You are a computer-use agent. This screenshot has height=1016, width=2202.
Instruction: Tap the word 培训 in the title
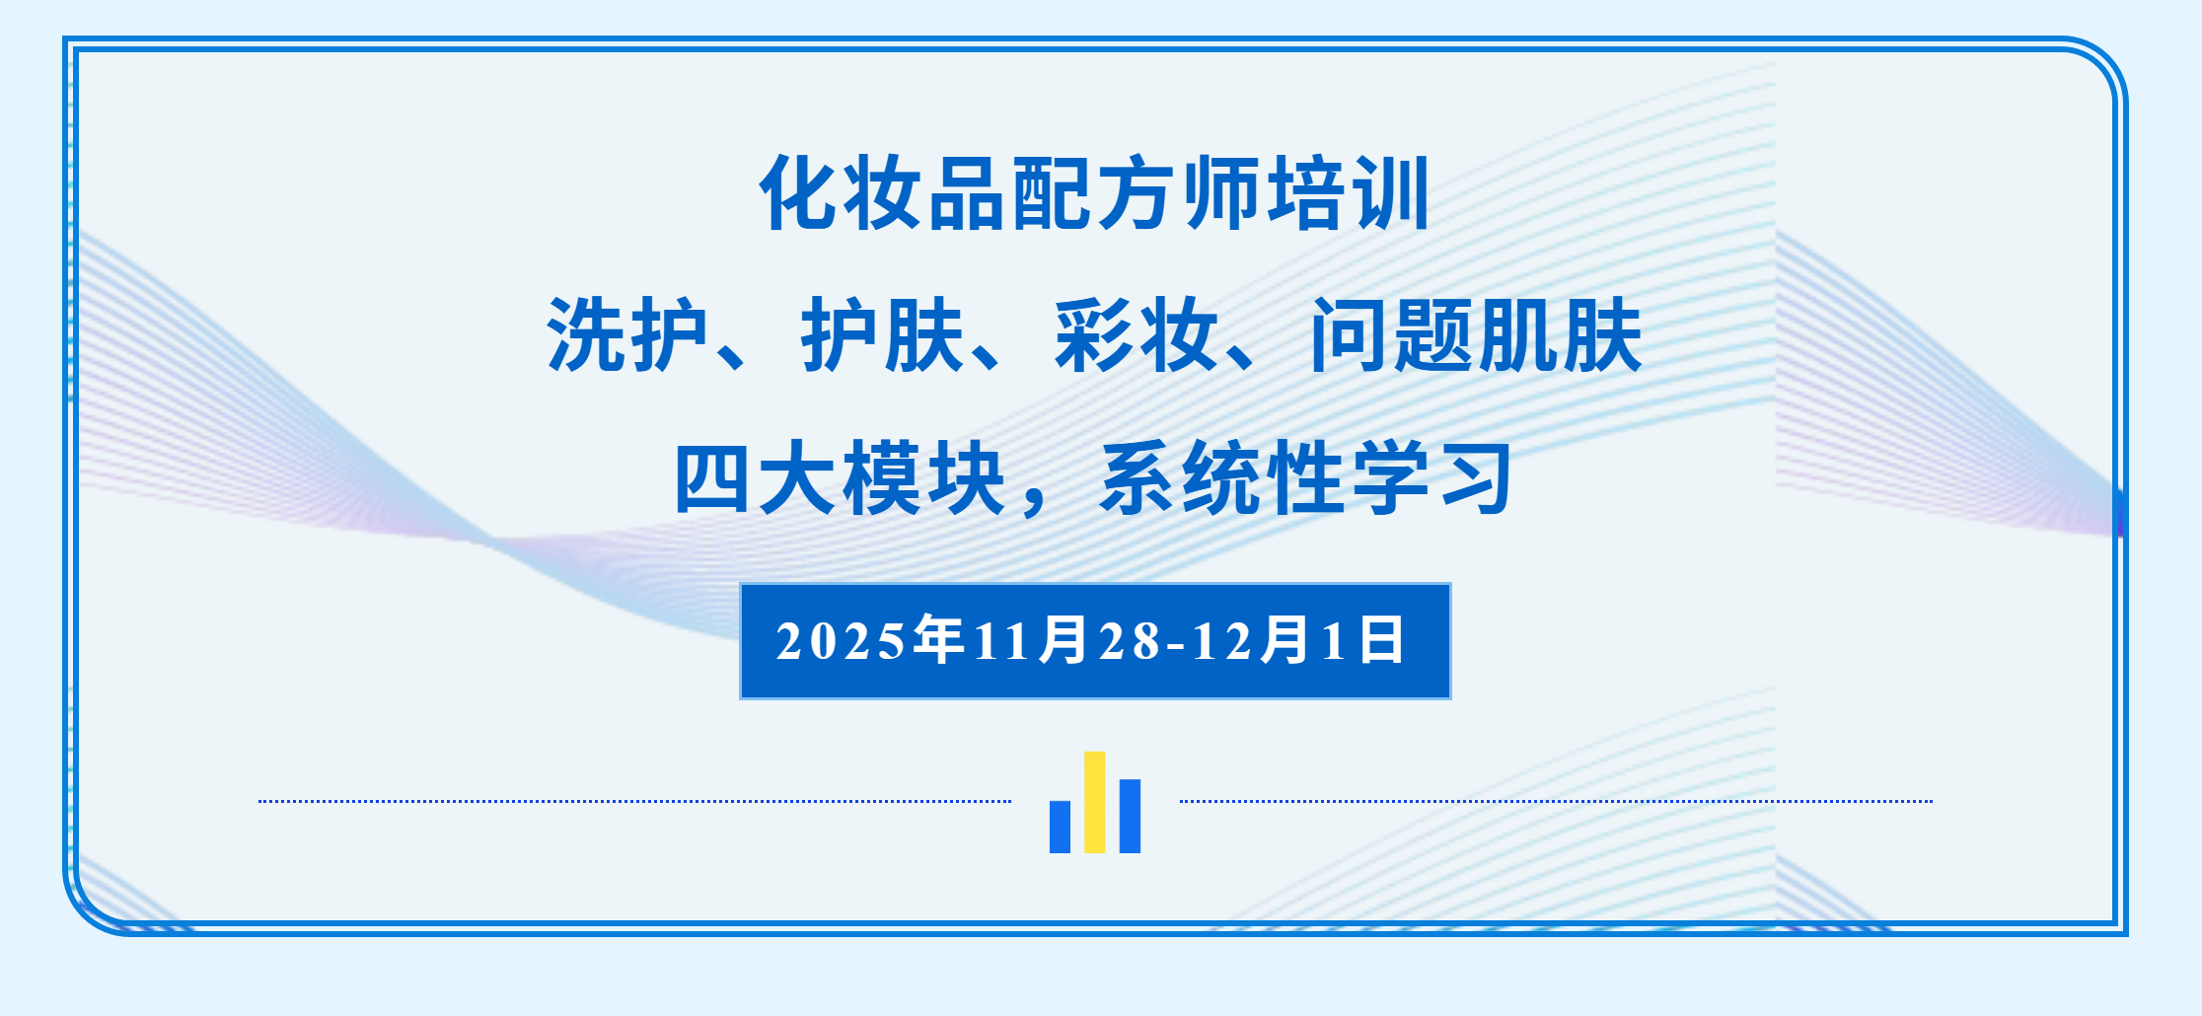[1348, 193]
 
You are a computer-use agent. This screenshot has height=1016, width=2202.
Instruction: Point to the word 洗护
[627, 335]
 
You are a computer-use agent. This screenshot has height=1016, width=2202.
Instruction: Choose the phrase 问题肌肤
[1476, 335]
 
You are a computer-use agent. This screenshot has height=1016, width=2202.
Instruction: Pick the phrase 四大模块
[840, 478]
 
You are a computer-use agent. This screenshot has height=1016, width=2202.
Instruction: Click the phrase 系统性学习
[1305, 478]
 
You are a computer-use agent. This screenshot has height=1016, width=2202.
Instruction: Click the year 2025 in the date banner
[842, 641]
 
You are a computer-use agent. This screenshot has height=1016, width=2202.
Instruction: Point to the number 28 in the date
[1130, 641]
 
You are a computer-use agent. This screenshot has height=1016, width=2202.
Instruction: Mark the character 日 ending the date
[1381, 640]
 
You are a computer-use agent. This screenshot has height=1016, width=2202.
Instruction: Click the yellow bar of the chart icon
[1095, 802]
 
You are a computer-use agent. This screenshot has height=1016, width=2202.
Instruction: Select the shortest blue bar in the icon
[1061, 827]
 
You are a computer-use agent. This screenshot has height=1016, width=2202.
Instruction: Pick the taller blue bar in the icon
[1131, 817]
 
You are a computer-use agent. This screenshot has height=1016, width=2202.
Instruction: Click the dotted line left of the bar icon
[635, 801]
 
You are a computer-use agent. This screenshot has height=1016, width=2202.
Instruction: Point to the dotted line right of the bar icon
[1556, 801]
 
